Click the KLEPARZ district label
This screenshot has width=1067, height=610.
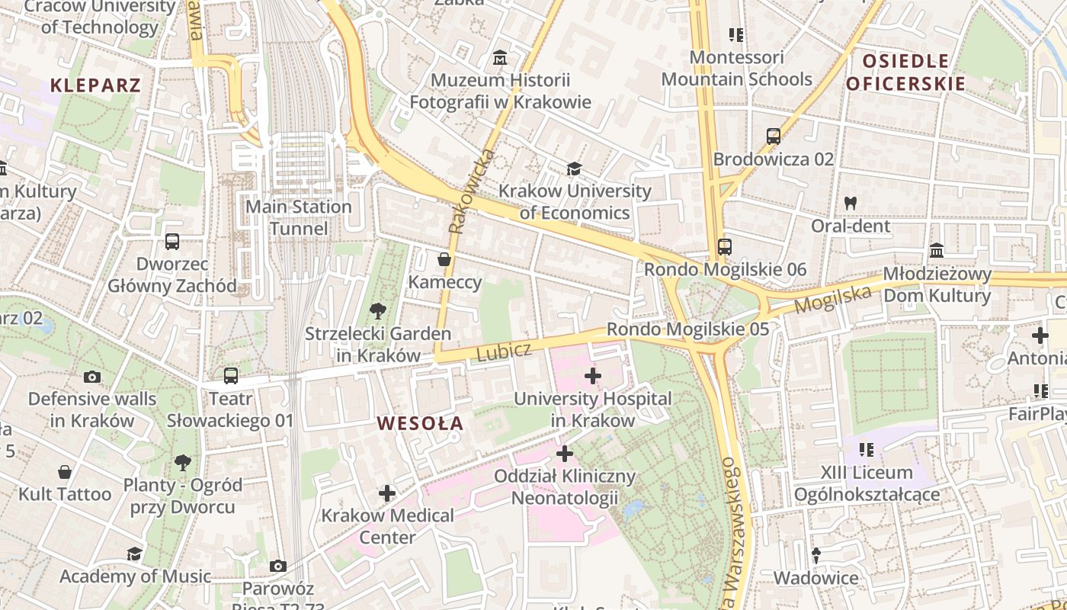click(96, 85)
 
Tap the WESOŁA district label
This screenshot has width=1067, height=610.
click(420, 423)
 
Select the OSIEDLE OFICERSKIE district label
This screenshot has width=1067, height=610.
click(905, 72)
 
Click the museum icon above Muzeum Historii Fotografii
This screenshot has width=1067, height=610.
click(500, 57)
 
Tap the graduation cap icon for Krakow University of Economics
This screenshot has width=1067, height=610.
click(574, 169)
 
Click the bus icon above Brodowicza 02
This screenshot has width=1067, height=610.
click(773, 136)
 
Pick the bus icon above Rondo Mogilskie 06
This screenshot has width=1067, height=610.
click(724, 247)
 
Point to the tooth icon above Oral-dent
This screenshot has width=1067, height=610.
click(851, 204)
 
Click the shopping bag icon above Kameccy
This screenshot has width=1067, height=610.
click(444, 260)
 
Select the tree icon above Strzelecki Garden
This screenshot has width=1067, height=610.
click(377, 311)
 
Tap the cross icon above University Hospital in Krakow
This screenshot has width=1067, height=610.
click(592, 376)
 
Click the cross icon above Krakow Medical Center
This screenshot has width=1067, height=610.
click(387, 493)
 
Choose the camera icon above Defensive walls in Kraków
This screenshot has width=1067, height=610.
click(92, 377)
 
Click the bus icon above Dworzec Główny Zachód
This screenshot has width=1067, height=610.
click(172, 242)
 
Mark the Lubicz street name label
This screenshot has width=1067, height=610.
click(504, 352)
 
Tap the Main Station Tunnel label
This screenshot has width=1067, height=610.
click(299, 217)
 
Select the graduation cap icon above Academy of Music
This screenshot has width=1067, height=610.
click(134, 554)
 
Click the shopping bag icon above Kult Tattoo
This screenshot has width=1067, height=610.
click(65, 472)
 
